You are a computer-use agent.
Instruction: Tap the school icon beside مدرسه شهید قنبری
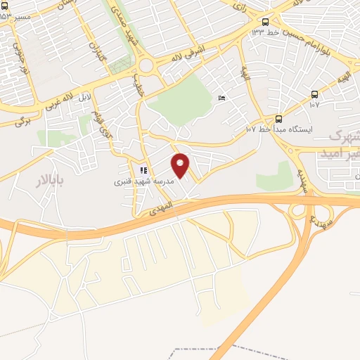tap(143, 169)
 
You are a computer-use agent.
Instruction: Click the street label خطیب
tap(139, 88)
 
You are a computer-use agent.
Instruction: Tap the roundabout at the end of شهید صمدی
tap(146, 66)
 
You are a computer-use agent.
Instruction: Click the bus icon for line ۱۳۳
tap(265, 22)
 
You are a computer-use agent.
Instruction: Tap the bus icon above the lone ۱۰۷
tap(314, 94)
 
